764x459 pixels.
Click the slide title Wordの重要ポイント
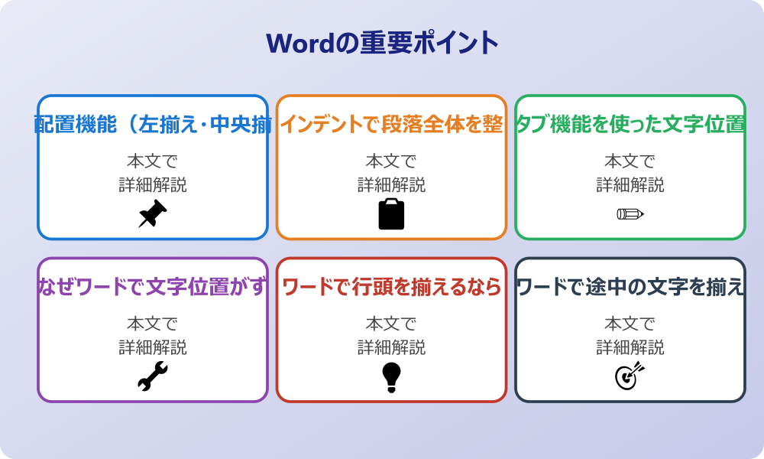(382, 42)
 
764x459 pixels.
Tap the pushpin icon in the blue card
(153, 213)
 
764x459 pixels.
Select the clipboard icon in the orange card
(391, 213)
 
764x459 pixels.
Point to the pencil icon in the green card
(630, 213)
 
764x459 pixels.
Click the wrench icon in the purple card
(153, 376)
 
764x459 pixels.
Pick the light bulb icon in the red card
(391, 376)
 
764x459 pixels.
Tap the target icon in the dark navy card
(630, 376)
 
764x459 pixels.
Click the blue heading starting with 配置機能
(153, 125)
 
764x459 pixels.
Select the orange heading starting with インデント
(391, 125)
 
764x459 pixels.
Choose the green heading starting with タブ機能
(630, 125)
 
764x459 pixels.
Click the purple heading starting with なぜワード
(153, 288)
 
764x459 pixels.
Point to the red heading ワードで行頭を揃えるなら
(391, 288)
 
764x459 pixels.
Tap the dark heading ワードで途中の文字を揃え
(630, 288)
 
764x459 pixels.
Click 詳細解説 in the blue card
(153, 185)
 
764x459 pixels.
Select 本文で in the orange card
(391, 161)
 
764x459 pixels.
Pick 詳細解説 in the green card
(630, 185)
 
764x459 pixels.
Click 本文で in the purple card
(153, 324)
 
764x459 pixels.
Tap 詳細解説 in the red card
(391, 348)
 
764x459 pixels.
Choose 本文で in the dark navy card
(630, 324)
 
